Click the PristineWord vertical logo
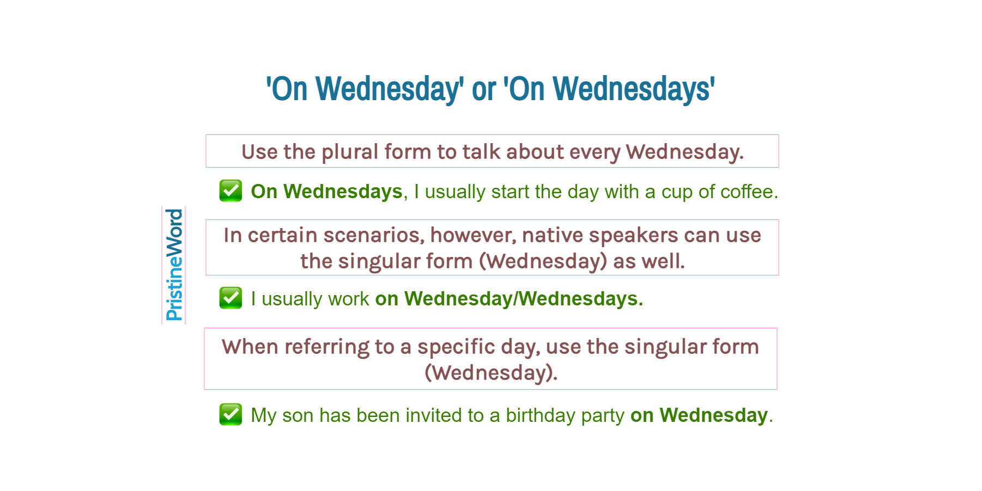(x=174, y=265)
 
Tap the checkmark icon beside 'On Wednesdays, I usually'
(x=231, y=191)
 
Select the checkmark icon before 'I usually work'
(x=231, y=298)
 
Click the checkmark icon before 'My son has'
(x=231, y=414)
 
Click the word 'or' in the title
(x=483, y=89)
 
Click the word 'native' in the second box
(x=552, y=235)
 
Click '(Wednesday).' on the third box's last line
(x=491, y=373)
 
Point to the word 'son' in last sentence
(x=298, y=415)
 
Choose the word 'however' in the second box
(x=472, y=235)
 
